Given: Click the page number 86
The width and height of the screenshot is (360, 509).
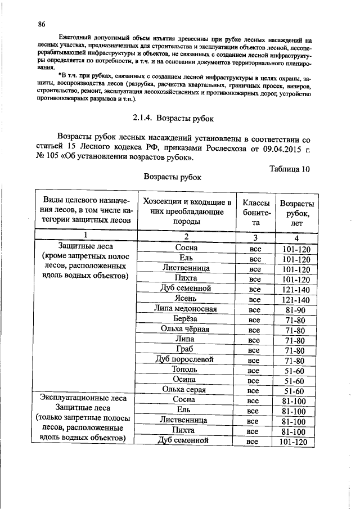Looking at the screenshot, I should click(41, 24).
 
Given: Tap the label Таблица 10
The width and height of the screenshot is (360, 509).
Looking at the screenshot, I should click(290, 169).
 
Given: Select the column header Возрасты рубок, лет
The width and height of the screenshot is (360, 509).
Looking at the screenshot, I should click(296, 213).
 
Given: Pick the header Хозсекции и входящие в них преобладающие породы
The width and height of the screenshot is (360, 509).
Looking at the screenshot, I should click(187, 213).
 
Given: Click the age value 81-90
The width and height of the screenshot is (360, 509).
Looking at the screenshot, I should click(295, 310).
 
